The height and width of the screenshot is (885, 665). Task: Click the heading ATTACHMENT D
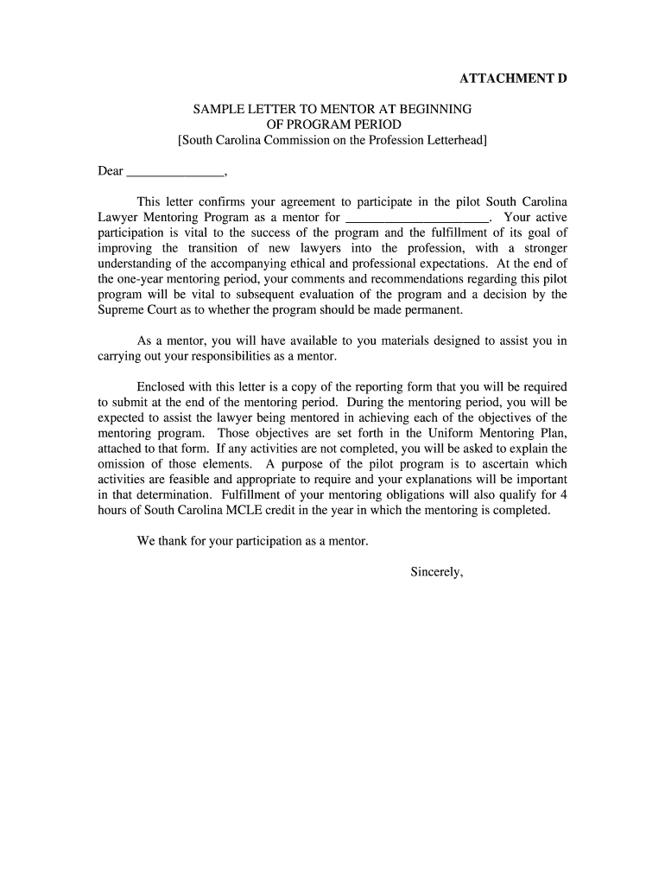pyautogui.click(x=513, y=79)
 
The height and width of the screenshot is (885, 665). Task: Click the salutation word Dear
pyautogui.click(x=111, y=171)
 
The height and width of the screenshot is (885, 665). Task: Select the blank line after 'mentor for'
pyautogui.click(x=416, y=218)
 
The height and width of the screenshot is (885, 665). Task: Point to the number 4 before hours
pyautogui.click(x=563, y=495)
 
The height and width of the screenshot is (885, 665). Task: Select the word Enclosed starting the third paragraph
pyautogui.click(x=162, y=387)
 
